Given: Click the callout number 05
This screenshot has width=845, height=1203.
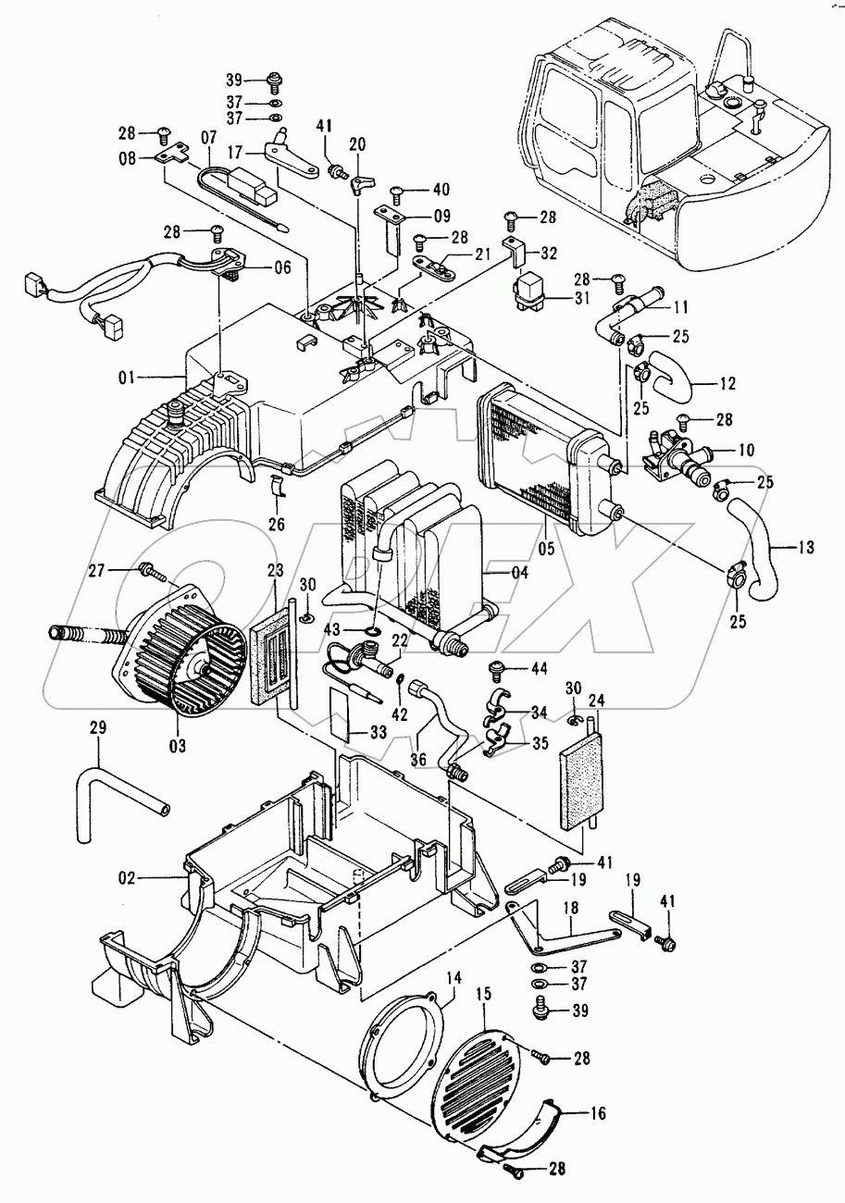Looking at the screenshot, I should coord(547,548).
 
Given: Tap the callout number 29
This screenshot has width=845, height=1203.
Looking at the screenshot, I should coord(98,728).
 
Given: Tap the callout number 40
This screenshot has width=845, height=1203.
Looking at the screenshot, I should coord(441,191).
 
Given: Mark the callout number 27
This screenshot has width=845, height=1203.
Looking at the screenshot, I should coord(122,571).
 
